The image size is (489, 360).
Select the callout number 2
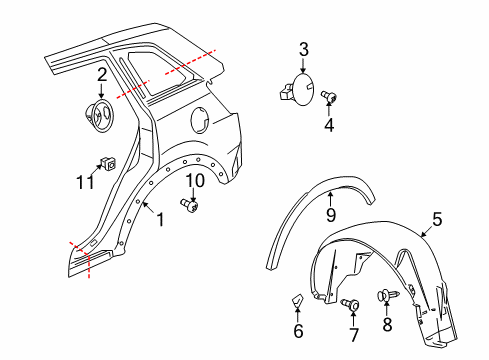(102, 74)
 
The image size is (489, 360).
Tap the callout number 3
(303, 48)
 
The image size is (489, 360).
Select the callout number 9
(330, 213)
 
